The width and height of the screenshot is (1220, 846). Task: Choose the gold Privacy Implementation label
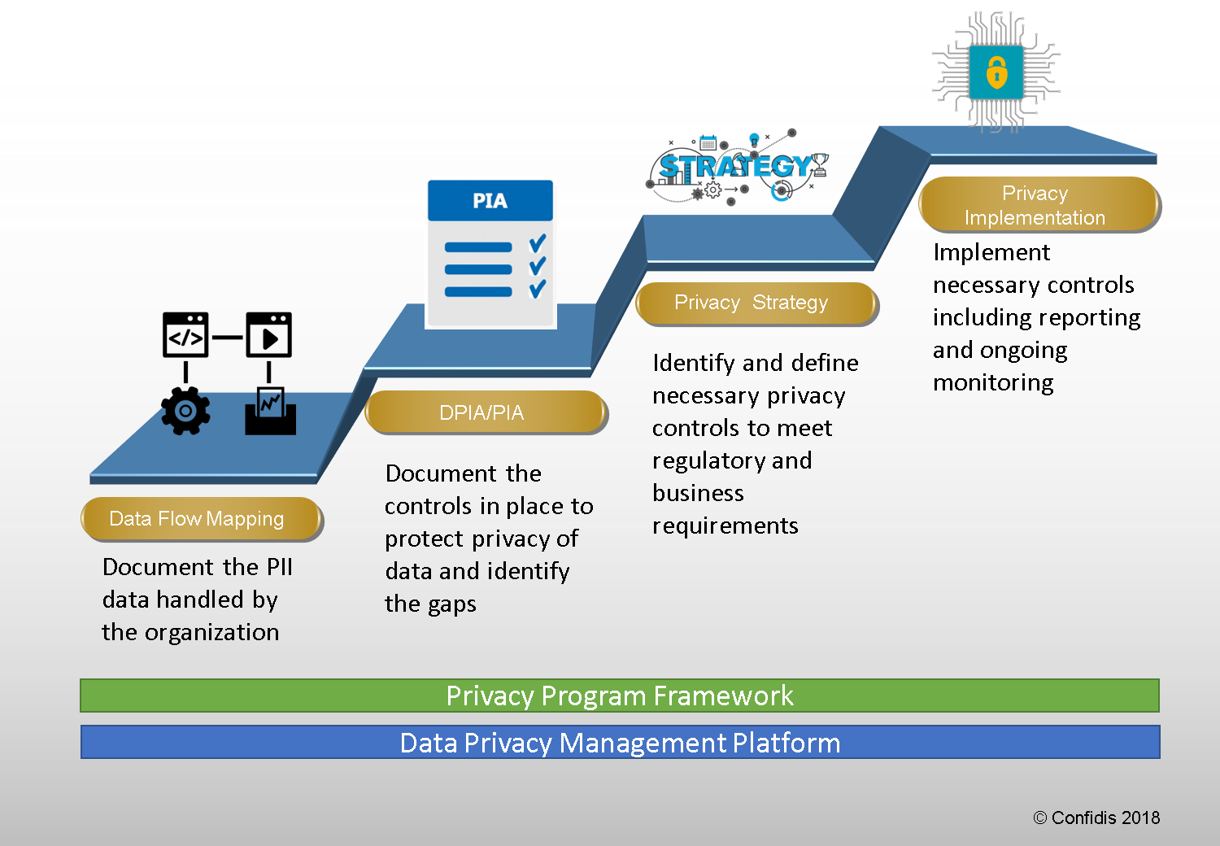coord(1038,205)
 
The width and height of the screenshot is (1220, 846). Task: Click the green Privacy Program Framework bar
coord(620,696)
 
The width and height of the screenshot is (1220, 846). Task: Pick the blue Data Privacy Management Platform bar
coord(620,743)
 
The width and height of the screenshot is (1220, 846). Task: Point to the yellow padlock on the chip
coord(996,73)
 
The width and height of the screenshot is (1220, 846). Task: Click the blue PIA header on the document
coord(490,201)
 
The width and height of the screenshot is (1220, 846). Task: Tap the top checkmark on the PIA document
coord(538,243)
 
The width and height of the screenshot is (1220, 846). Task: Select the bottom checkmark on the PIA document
coord(538,289)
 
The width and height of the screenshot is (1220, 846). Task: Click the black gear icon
coord(185,410)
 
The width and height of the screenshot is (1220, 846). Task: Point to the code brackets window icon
coord(185,335)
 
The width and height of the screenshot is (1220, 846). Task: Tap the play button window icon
coord(269,335)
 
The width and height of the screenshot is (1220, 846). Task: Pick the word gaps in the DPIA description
coord(453,604)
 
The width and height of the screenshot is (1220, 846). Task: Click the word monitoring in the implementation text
coord(993,383)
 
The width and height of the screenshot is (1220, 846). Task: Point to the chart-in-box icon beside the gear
coord(271,411)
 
